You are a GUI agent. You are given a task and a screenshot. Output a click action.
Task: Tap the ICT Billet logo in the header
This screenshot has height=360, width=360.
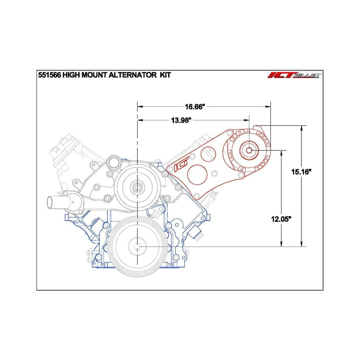[x=293, y=75]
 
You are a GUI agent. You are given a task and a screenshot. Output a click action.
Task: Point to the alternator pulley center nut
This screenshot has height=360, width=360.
[x=248, y=150]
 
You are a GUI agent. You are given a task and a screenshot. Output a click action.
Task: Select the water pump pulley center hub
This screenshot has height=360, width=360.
[x=137, y=187]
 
